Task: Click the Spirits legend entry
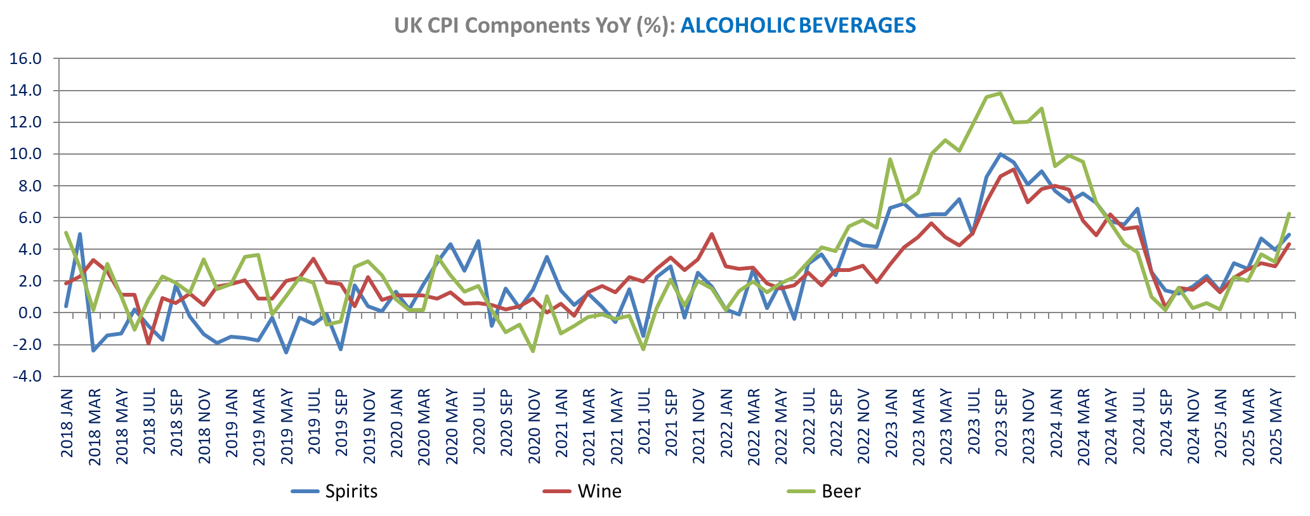click(x=351, y=491)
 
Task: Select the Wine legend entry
click(x=599, y=491)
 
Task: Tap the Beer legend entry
click(x=841, y=491)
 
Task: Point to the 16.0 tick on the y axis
click(x=26, y=59)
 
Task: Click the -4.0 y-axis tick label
click(x=26, y=376)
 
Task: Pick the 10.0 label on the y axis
click(x=26, y=154)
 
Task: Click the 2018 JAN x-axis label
click(x=67, y=423)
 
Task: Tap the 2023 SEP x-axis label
click(x=1001, y=423)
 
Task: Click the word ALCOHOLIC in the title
click(x=737, y=25)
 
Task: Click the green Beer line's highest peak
click(x=1000, y=93)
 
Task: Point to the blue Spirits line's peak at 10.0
click(x=1000, y=154)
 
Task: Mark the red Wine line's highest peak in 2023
click(x=1014, y=169)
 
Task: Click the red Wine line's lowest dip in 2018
click(x=149, y=343)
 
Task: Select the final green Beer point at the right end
click(x=1289, y=214)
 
